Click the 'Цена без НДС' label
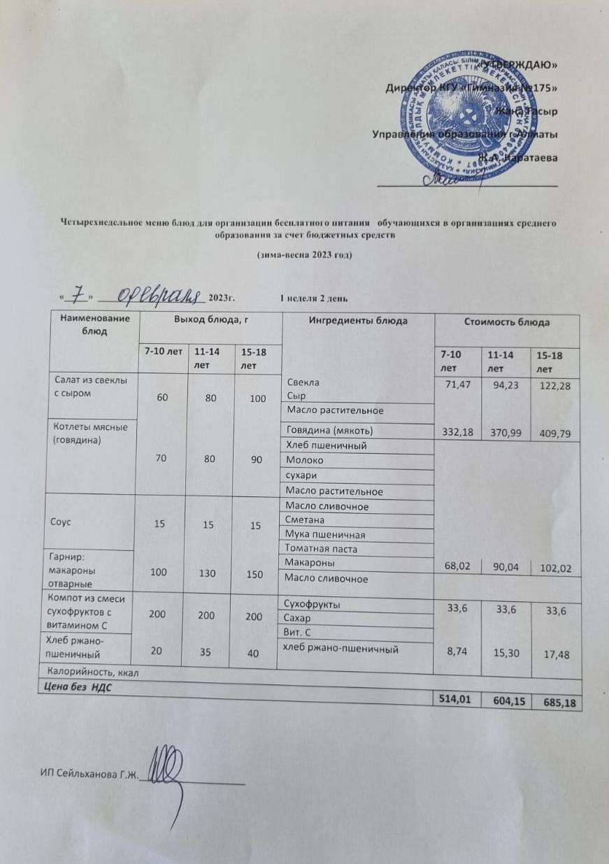72,687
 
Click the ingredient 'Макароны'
307,563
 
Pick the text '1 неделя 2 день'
313,298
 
